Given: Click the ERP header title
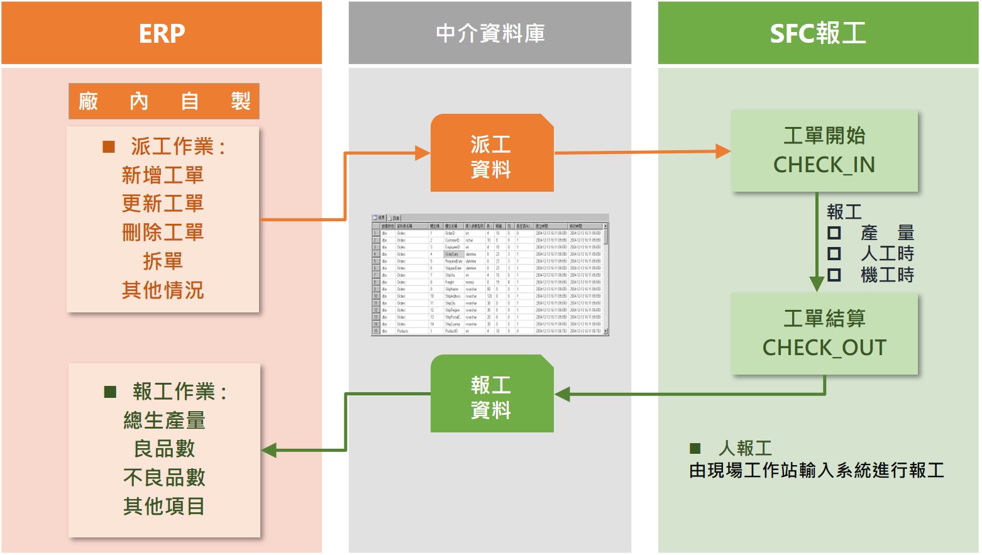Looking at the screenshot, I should tap(162, 33).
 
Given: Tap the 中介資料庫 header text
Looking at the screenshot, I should tap(490, 33).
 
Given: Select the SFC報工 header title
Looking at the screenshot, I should tap(818, 33).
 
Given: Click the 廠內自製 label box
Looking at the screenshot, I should tap(164, 101).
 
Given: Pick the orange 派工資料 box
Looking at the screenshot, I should tap(492, 153).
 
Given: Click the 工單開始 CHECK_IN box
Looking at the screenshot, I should tap(824, 151).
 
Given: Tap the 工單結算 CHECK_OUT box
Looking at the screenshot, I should tap(824, 334).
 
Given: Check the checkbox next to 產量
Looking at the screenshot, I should tap(834, 233).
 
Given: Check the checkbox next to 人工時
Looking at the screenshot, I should tap(834, 254).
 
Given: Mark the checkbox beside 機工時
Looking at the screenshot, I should tap(834, 275).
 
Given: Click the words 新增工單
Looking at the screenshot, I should tap(163, 175).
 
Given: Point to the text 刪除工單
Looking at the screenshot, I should tap(163, 233).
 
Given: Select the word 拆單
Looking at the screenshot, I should tap(163, 261).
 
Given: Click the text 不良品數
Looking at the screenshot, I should tap(164, 478).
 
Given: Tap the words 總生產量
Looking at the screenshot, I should tap(164, 420).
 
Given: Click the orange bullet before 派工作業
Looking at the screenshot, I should tap(109, 147).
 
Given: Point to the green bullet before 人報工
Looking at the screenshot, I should tap(695, 448).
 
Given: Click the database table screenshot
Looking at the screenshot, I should tap(490, 275).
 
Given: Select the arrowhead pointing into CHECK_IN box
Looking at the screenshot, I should tap(723, 151).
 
